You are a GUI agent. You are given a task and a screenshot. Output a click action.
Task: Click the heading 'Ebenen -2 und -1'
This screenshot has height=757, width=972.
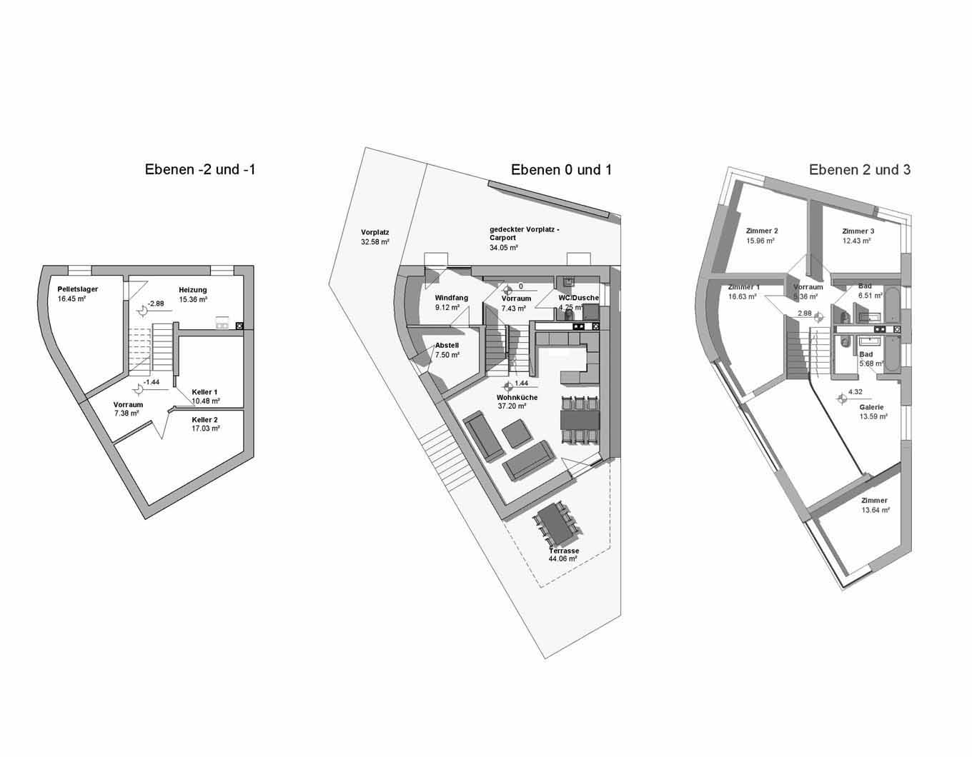pos(200,170)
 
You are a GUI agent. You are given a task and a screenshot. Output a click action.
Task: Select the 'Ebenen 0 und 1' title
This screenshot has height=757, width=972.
pos(561,170)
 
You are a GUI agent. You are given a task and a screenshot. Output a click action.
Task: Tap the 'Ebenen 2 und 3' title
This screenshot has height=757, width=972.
pos(860,170)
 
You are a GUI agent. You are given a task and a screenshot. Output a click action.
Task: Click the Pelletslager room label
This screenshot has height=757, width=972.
pos(77,289)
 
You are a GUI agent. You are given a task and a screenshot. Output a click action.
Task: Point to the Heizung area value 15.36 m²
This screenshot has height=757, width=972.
pos(193,299)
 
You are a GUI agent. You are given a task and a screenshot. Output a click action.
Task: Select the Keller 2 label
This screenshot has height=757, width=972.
pos(205,420)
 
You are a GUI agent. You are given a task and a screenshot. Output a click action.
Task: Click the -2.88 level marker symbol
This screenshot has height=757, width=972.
pos(143,310)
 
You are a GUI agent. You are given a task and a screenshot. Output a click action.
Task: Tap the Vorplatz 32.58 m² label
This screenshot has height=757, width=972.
pos(375,237)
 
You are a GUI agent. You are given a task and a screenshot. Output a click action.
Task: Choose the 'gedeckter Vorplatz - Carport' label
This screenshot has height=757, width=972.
pos(525,234)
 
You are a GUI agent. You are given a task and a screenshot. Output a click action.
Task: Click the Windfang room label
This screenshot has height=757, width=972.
pos(451,298)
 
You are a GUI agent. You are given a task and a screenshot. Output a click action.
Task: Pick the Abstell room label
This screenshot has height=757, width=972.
pos(447,346)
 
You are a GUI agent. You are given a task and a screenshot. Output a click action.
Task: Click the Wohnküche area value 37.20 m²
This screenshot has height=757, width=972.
pos(512,406)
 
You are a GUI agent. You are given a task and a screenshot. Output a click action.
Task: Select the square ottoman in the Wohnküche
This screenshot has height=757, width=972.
pos(517,433)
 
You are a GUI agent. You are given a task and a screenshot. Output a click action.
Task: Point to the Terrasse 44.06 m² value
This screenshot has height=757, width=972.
pos(562,558)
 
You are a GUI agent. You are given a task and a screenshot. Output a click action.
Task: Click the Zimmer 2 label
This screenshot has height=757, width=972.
pos(762,231)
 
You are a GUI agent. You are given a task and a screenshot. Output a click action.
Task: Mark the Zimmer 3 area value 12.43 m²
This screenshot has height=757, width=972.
pos(857,241)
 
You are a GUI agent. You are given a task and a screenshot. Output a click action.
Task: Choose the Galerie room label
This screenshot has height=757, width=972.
pos(871,407)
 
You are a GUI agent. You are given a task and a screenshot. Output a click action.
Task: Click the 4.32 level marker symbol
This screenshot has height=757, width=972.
pos(842,398)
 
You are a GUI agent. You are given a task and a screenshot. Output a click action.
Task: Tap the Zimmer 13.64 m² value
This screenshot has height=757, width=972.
pos(876,510)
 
